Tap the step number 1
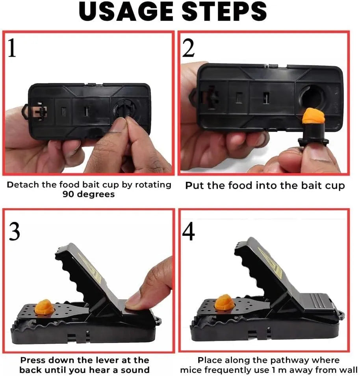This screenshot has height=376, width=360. tap(12, 48)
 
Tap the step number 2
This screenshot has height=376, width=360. tap(189, 48)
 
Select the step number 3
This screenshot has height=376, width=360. tap(14, 232)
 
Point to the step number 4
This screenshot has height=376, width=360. tap(188, 232)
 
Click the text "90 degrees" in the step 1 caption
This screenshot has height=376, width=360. tap(89, 194)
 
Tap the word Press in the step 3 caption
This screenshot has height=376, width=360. tap(32, 360)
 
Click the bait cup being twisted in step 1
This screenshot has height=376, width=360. tap(123, 110)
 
